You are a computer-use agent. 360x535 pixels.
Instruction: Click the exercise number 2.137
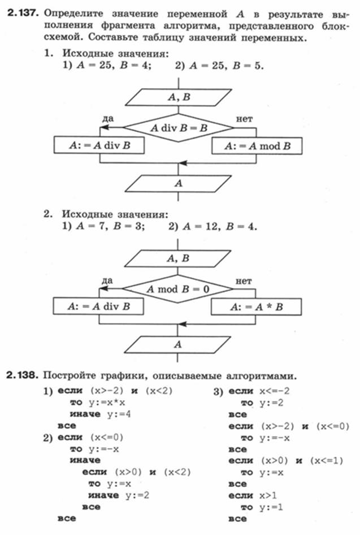(x=22, y=14)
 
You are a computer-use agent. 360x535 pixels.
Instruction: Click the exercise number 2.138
(x=21, y=375)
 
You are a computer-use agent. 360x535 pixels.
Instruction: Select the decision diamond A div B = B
(x=179, y=128)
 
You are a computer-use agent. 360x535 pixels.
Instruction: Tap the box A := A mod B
(x=257, y=146)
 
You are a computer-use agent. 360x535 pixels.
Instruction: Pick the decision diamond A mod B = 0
(x=177, y=289)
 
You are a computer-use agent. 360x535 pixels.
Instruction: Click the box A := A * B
(x=257, y=307)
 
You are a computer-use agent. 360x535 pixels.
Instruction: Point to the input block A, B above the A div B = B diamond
(x=179, y=97)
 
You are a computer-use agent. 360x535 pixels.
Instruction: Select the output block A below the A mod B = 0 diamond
(x=177, y=344)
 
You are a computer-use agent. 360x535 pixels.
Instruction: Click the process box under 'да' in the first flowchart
(x=99, y=145)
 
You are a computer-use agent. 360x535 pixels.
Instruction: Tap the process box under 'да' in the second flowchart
(x=98, y=306)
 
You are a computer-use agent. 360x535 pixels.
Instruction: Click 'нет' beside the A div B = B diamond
(x=245, y=119)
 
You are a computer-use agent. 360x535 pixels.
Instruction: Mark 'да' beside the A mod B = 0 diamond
(x=107, y=281)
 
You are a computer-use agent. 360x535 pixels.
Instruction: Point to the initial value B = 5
(x=248, y=65)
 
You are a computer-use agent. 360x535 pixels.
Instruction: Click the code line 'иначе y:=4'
(x=100, y=414)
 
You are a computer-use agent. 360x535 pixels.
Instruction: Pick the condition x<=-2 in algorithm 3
(x=275, y=391)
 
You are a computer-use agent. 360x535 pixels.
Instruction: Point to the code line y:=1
(x=271, y=507)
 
